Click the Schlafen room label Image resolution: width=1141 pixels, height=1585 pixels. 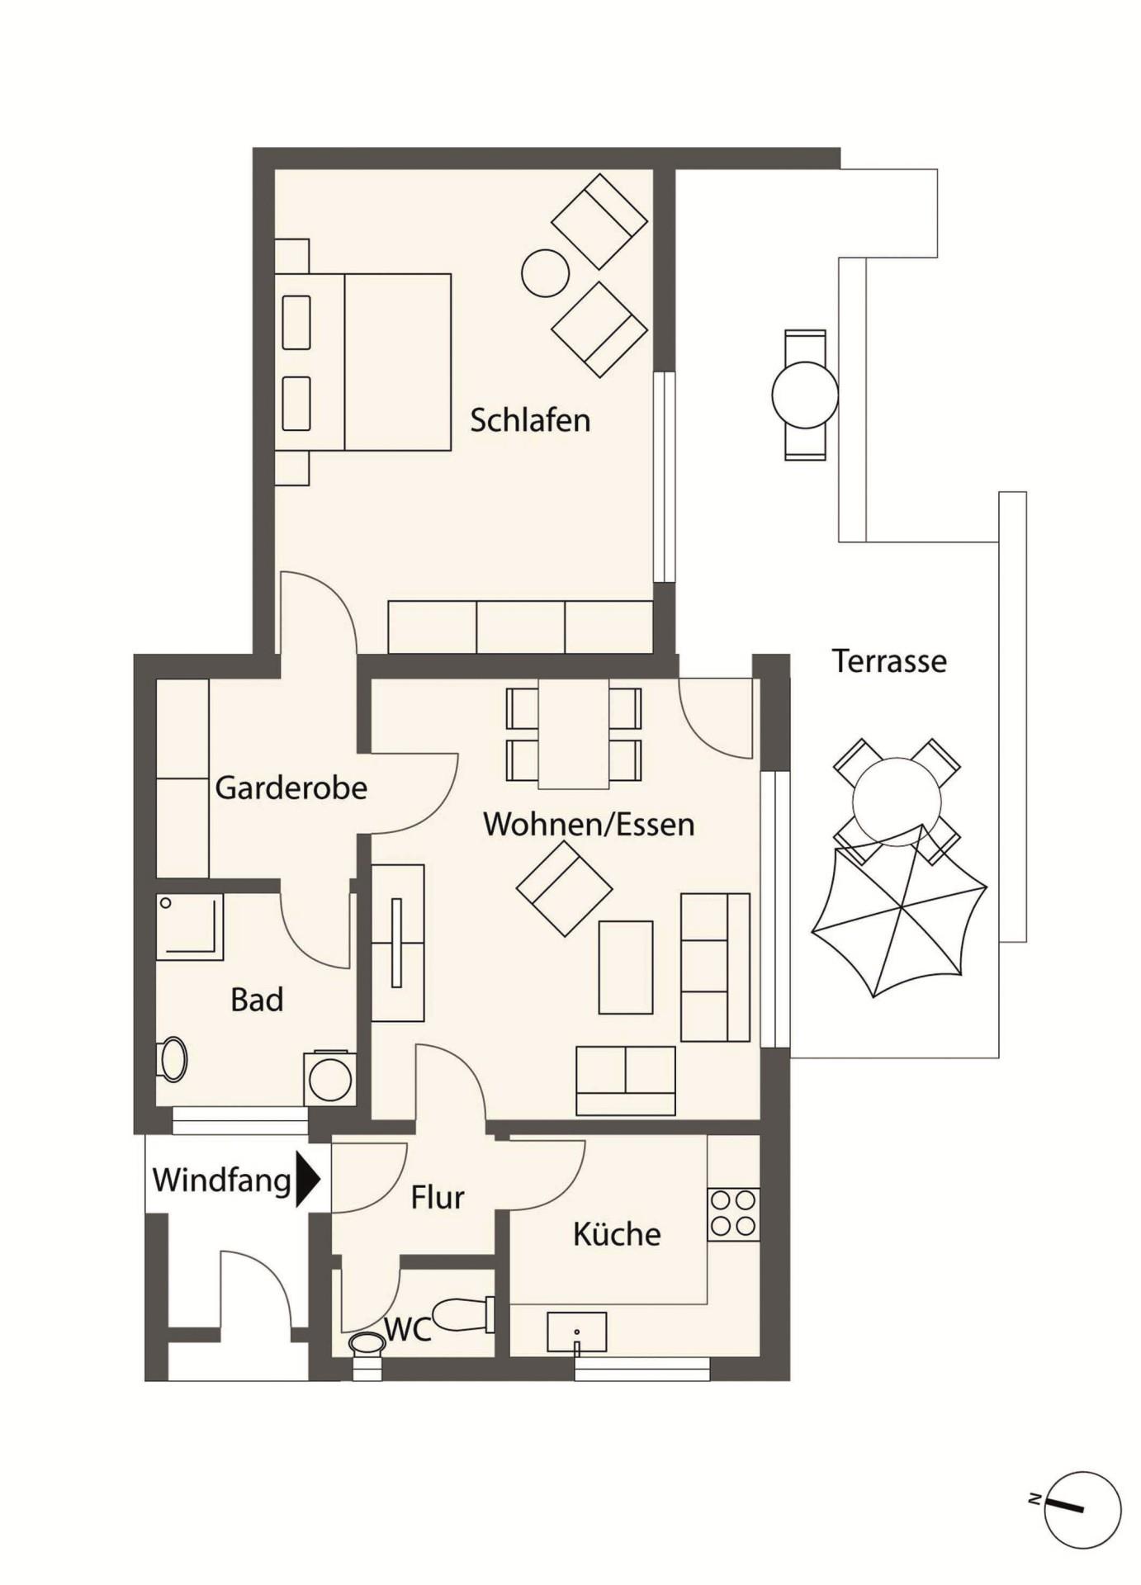pyautogui.click(x=530, y=420)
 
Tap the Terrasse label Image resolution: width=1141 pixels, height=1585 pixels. pyautogui.click(x=889, y=661)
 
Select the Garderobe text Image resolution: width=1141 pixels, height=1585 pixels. pyautogui.click(x=291, y=788)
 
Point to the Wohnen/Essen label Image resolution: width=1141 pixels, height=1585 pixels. pyautogui.click(x=589, y=824)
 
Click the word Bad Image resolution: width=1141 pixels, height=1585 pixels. pyautogui.click(x=257, y=1000)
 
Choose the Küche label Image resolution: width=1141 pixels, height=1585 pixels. pyautogui.click(x=617, y=1234)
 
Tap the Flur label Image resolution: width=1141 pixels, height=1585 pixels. pyautogui.click(x=438, y=1197)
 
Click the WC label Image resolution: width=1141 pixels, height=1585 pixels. pyautogui.click(x=408, y=1329)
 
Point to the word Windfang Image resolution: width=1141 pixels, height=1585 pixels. pyautogui.click(x=222, y=1180)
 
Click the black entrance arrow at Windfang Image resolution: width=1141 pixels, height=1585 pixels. pyautogui.click(x=308, y=1180)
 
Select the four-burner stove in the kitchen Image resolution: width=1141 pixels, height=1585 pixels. pyautogui.click(x=733, y=1214)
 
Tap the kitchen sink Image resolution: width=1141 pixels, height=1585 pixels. pyautogui.click(x=576, y=1332)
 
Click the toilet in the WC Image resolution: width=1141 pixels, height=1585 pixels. pyautogui.click(x=462, y=1315)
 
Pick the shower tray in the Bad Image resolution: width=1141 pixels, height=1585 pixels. pyautogui.click(x=190, y=926)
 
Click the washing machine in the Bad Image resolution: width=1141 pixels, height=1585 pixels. pyautogui.click(x=329, y=1078)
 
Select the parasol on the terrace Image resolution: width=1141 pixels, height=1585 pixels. pyautogui.click(x=899, y=911)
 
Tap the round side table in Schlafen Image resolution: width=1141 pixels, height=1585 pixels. pyautogui.click(x=546, y=272)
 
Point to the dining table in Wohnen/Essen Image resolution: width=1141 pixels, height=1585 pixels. pyautogui.click(x=574, y=734)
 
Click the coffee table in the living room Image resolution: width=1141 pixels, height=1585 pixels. pyautogui.click(x=626, y=968)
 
